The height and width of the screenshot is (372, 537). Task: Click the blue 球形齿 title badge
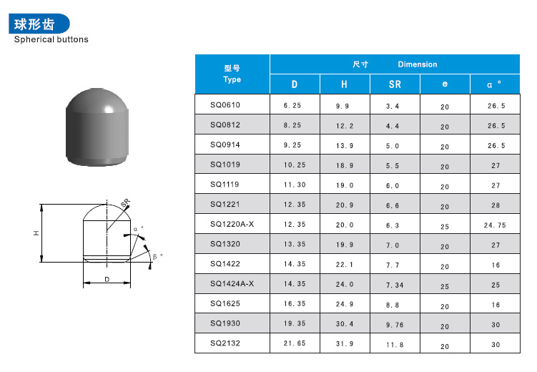pos(40,23)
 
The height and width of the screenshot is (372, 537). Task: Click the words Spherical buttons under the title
pos(51,40)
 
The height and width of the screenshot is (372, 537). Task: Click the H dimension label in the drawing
pos(35,233)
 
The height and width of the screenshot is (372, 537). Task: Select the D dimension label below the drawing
pos(107,279)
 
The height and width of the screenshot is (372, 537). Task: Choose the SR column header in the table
pos(394,84)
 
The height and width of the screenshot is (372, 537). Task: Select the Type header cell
pos(232,74)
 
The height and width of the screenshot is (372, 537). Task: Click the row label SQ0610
pos(225,105)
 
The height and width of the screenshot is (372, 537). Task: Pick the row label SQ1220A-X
pos(232,224)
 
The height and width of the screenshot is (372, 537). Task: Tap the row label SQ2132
pos(225,343)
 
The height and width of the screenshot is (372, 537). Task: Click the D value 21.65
pos(295,344)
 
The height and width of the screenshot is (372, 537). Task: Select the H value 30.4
pos(344,324)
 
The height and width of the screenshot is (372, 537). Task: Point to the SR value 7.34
pos(394,285)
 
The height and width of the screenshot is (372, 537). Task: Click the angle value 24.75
pos(495,225)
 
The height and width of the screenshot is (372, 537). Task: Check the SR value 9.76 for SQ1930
pos(394,325)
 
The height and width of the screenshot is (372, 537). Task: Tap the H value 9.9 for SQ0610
pos(344,106)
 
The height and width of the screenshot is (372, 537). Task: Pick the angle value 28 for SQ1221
pos(495,205)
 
